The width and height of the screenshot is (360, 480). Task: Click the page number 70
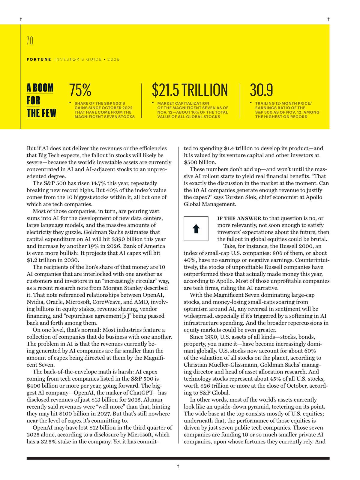click(30, 40)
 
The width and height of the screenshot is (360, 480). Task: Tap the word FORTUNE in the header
click(39, 59)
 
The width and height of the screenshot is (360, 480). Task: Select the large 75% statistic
click(80, 90)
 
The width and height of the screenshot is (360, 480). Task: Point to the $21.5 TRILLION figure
click(190, 90)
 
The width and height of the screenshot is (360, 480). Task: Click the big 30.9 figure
click(261, 90)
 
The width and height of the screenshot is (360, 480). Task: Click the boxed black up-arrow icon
click(196, 229)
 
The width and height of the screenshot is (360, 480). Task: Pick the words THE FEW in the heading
click(41, 113)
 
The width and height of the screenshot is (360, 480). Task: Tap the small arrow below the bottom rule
click(178, 466)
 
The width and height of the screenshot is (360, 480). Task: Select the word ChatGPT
click(143, 393)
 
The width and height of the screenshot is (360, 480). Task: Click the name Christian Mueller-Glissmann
click(220, 365)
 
